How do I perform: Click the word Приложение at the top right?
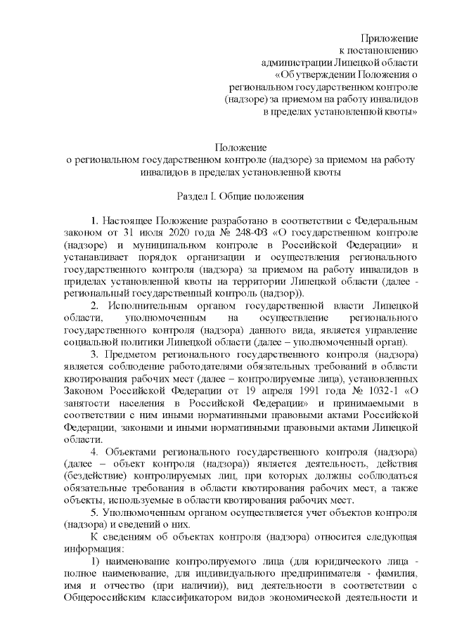click(x=390, y=37)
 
